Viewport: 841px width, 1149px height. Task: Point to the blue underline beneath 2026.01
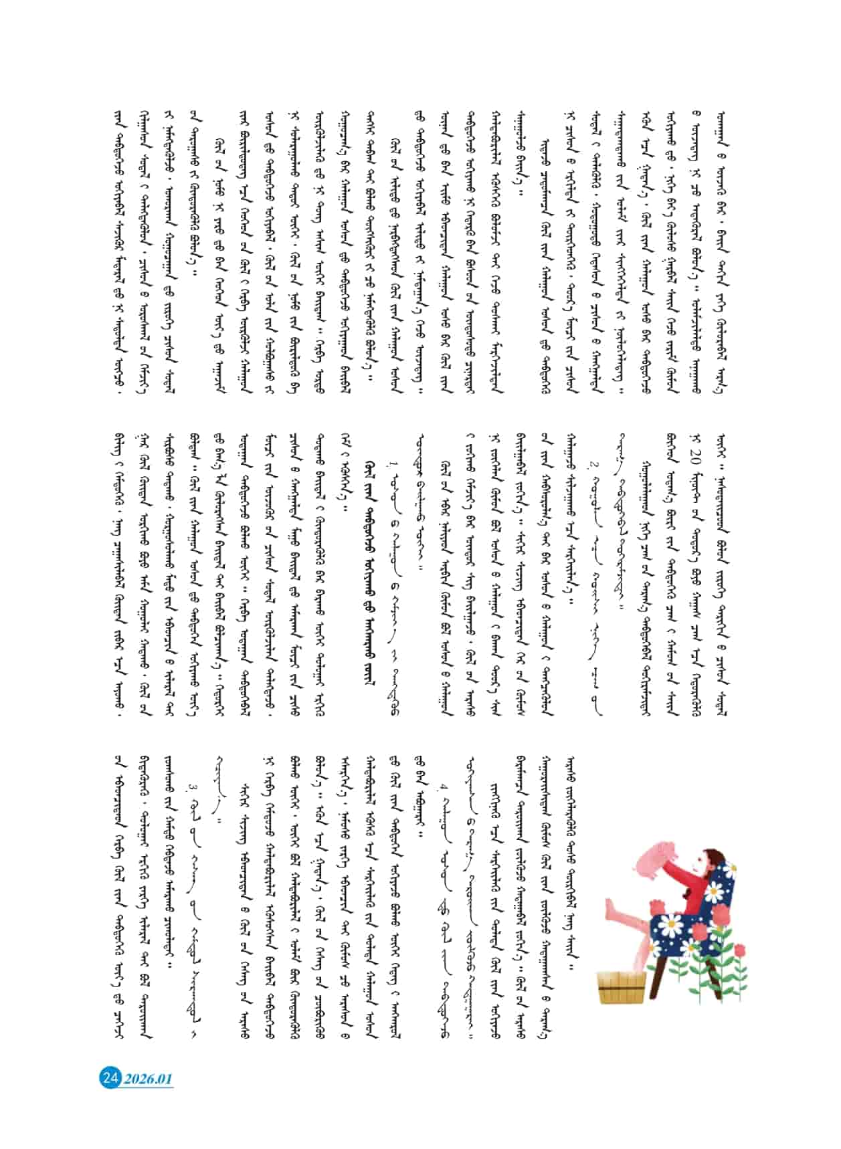148,1088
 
